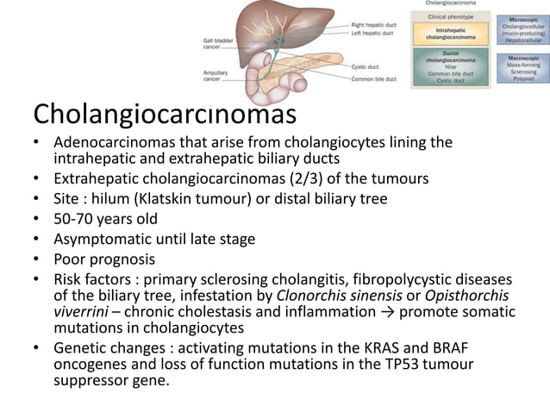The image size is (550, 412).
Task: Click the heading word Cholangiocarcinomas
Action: (x=164, y=114)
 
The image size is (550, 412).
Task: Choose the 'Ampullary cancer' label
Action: (x=215, y=76)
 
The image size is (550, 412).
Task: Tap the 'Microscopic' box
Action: (x=522, y=31)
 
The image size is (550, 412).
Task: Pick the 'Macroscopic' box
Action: (x=522, y=68)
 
